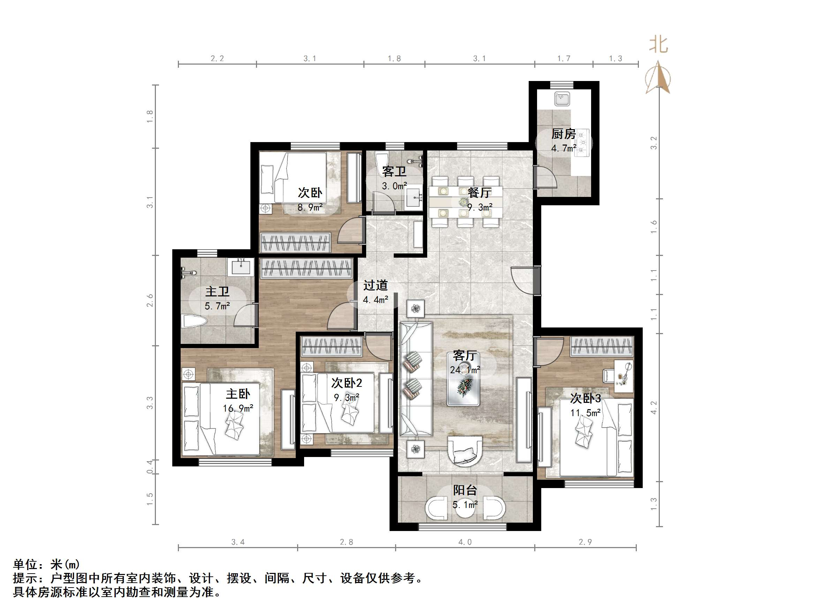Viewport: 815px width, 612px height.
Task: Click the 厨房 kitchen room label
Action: [x=563, y=134]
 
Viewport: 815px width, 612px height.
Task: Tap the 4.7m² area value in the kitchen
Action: [x=563, y=148]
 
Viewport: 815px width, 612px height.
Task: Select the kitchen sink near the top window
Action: [x=562, y=99]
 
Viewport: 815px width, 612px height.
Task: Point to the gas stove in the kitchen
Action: [x=582, y=142]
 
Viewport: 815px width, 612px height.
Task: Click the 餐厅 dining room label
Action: [x=480, y=193]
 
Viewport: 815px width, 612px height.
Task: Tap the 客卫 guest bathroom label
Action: [x=394, y=171]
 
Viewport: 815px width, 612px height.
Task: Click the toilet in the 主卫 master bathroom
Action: [x=193, y=321]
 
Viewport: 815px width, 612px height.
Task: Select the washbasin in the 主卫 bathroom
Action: [x=241, y=267]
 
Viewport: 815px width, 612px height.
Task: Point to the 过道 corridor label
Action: [x=376, y=285]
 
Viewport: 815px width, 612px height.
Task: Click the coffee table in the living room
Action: [x=463, y=384]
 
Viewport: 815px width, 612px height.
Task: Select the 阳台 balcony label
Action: [x=465, y=490]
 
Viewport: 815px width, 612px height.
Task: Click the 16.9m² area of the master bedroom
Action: [x=238, y=408]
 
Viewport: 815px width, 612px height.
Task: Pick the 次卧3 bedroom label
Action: [x=586, y=398]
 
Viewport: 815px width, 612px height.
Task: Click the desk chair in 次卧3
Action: [x=608, y=376]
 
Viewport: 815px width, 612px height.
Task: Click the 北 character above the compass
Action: [x=658, y=45]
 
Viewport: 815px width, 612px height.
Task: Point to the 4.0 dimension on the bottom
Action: [x=465, y=542]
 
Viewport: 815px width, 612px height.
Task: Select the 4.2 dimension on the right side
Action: [x=654, y=408]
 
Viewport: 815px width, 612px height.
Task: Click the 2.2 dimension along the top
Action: [x=217, y=58]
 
